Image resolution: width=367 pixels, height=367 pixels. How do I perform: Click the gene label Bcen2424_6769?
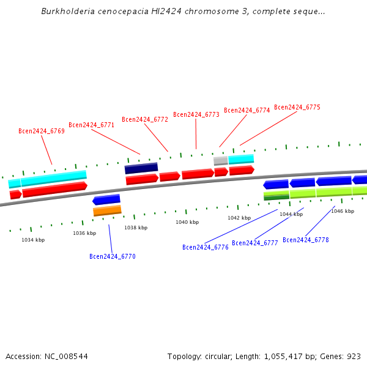[x=42, y=131]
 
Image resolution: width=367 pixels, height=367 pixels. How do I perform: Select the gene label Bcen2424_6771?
[x=92, y=125]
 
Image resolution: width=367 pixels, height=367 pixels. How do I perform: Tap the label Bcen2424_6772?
[x=145, y=119]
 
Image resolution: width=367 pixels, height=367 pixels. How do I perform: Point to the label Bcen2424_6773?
[x=196, y=114]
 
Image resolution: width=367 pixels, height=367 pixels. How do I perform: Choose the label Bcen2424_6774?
[x=247, y=110]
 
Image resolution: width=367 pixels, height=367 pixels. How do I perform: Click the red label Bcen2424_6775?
[x=297, y=107]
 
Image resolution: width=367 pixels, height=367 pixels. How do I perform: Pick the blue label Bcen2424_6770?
[x=113, y=256]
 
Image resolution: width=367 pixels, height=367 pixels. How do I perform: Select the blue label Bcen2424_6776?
[x=206, y=247]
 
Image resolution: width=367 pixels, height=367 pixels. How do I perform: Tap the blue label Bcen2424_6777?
[x=255, y=243]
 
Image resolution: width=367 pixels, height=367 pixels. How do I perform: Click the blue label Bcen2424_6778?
[x=306, y=240]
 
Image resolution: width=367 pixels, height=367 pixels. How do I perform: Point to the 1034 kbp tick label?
[x=33, y=240]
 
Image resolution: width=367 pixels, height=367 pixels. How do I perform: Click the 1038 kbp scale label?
[x=136, y=228]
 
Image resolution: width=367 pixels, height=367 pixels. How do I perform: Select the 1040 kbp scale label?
[x=187, y=222]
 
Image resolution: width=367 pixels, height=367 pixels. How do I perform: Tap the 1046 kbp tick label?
[x=343, y=211]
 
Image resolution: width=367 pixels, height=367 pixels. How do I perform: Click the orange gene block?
[x=107, y=210]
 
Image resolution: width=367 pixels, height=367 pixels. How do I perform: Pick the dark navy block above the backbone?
[x=141, y=168]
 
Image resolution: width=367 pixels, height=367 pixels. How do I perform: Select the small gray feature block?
[x=221, y=160]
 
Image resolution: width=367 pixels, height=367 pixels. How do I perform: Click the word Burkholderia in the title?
[x=64, y=12]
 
